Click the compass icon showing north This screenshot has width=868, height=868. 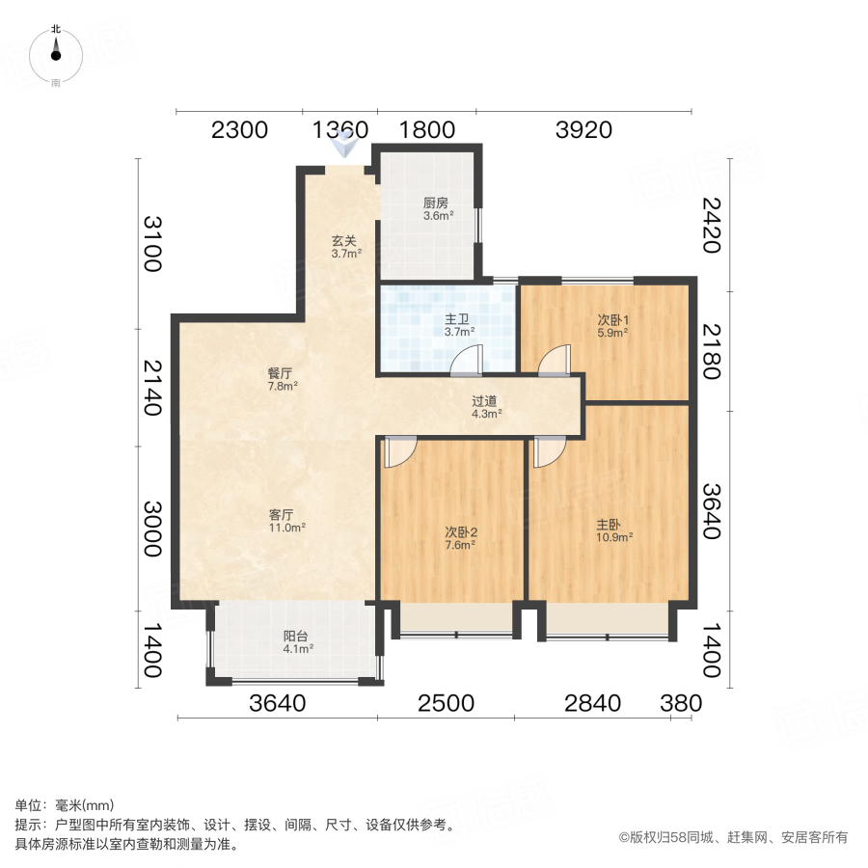(56, 56)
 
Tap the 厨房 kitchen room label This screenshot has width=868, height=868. (435, 209)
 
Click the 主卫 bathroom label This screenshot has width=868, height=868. (457, 325)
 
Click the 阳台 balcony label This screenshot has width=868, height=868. (296, 641)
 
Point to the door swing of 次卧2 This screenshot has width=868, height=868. (399, 451)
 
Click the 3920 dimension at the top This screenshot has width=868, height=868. (583, 130)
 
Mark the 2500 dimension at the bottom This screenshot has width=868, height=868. (446, 703)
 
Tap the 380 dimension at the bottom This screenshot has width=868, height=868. (681, 703)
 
